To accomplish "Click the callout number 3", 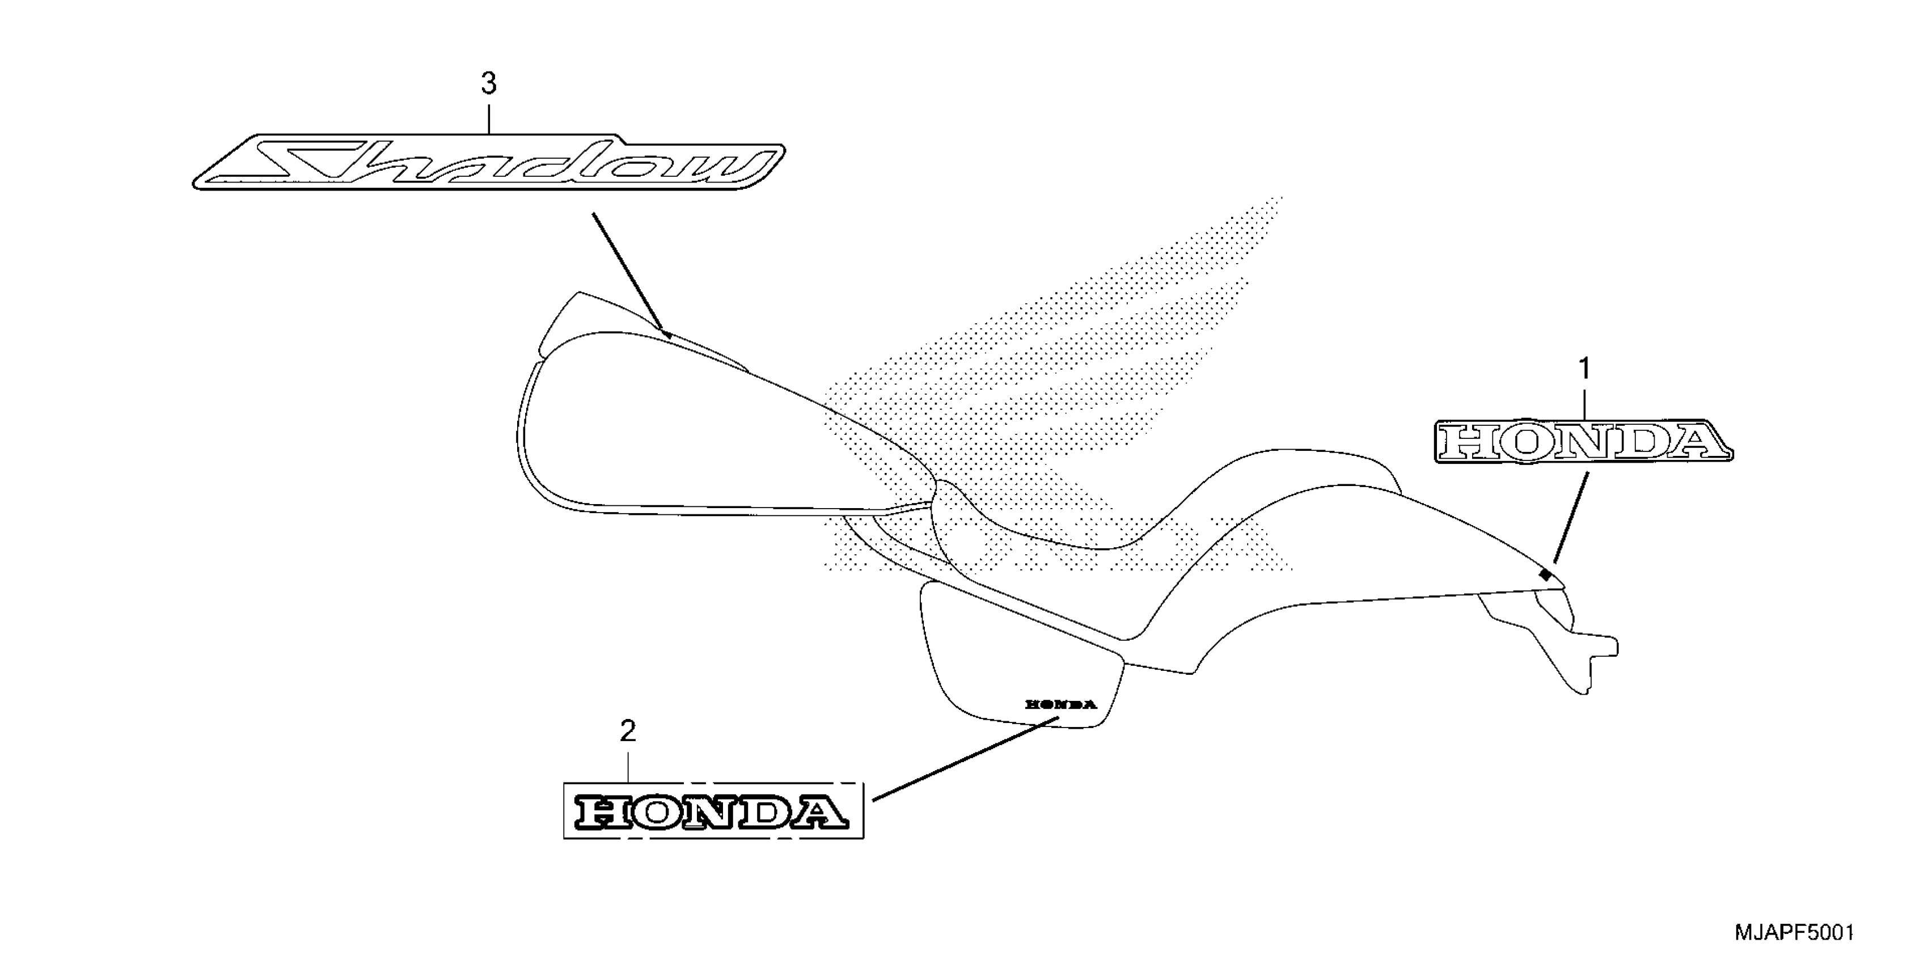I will point(489,84).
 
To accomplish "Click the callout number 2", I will point(628,732).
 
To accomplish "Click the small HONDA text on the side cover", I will point(1060,704).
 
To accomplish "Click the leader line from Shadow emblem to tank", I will point(629,273).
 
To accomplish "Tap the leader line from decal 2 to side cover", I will point(966,758).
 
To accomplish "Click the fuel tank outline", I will point(674,434).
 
